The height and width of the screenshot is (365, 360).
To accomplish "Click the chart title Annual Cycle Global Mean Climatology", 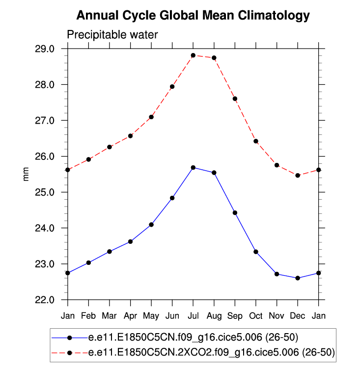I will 193,16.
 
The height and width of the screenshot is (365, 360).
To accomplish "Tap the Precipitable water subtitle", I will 112,35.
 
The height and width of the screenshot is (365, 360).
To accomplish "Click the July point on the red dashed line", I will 193,55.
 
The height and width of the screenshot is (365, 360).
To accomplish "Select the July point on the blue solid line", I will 193,168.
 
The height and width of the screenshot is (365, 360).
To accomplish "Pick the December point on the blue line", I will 298,278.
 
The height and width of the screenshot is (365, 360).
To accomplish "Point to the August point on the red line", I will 214,58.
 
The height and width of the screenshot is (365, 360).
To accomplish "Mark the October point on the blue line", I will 256,252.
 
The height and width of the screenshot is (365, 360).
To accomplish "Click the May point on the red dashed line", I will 151,117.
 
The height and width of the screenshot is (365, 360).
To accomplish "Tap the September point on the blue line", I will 235,213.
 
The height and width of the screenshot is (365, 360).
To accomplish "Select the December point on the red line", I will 298,175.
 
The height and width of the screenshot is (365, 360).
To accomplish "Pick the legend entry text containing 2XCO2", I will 211,352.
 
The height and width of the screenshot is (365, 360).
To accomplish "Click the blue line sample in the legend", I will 69,338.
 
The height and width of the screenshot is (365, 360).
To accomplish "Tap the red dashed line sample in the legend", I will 69,352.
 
